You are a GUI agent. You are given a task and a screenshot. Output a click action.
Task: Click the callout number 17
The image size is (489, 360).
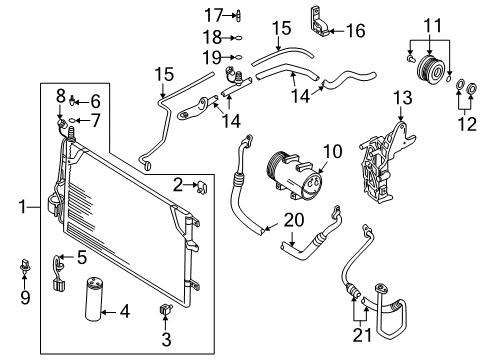point(213,15)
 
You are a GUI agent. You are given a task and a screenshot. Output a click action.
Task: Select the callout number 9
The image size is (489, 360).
point(25,297)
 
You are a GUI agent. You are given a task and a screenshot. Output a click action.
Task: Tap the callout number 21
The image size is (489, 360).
point(362,335)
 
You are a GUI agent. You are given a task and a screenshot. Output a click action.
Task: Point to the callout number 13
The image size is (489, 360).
point(403,98)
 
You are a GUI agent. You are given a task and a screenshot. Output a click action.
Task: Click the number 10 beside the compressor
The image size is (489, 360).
point(333,151)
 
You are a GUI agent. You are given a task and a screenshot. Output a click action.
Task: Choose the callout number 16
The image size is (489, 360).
point(356,31)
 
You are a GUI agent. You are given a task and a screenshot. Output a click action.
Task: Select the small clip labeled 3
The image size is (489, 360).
point(165,310)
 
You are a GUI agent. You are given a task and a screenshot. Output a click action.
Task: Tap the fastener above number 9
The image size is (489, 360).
point(25,265)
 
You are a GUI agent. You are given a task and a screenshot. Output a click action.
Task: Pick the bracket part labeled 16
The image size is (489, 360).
point(320,22)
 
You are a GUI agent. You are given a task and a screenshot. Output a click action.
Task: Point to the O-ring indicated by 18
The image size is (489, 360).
point(239,38)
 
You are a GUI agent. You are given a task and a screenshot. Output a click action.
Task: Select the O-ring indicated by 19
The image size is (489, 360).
point(239,57)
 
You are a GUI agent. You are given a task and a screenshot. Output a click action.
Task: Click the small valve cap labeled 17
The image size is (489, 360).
point(239,15)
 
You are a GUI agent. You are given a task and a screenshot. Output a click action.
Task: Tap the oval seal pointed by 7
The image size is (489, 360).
point(72,120)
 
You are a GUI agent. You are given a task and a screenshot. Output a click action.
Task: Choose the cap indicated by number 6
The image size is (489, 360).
point(72,100)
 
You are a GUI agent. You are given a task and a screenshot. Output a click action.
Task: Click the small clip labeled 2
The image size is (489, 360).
point(201,188)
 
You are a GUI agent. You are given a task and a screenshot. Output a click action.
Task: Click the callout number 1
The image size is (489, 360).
point(22,207)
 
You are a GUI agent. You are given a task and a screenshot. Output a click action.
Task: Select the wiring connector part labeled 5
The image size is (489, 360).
point(59,272)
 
